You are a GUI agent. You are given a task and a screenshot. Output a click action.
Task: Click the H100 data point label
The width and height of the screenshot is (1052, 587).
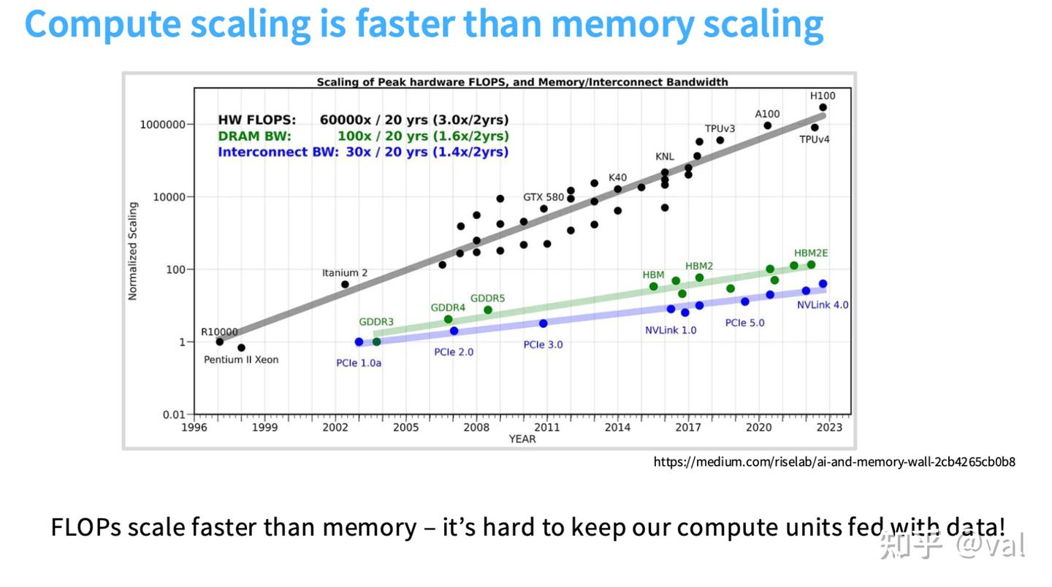(823, 96)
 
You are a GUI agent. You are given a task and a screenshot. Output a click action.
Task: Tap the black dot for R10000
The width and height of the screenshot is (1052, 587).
(219, 342)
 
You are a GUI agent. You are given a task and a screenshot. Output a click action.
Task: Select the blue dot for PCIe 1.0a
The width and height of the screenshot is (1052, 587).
(359, 342)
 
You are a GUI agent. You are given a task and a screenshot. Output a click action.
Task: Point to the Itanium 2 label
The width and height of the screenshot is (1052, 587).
(345, 273)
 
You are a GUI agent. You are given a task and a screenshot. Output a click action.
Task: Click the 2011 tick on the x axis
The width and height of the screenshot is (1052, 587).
(547, 427)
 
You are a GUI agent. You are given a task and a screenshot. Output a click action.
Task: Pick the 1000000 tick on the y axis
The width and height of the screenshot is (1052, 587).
(162, 125)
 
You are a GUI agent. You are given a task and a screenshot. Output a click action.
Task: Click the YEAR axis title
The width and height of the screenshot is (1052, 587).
(522, 439)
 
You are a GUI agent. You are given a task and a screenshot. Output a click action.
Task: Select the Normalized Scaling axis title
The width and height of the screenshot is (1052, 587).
(133, 251)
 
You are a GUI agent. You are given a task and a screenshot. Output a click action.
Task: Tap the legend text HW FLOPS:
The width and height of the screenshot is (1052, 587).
(257, 120)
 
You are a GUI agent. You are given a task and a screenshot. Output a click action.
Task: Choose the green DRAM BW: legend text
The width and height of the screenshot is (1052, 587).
(254, 136)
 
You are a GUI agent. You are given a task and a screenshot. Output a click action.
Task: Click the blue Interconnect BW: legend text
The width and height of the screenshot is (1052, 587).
(278, 152)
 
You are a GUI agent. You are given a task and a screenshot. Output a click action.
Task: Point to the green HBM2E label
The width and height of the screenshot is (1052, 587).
(811, 253)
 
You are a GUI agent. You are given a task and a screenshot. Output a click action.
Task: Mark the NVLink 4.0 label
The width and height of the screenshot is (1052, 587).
(823, 305)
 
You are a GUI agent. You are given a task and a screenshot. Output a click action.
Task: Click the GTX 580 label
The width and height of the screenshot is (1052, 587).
(544, 197)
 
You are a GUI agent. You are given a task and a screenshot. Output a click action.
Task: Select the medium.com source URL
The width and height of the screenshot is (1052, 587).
(834, 461)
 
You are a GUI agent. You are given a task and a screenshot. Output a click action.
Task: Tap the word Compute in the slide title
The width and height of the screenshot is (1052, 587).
(102, 24)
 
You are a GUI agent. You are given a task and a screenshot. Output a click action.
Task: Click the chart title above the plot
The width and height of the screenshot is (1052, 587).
(522, 82)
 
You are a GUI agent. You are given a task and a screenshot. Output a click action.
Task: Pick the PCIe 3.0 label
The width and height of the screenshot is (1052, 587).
(543, 345)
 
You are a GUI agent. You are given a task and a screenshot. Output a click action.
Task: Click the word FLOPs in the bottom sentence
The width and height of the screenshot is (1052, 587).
(85, 526)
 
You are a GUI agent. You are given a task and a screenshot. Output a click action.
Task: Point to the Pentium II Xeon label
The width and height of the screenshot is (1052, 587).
(241, 360)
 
